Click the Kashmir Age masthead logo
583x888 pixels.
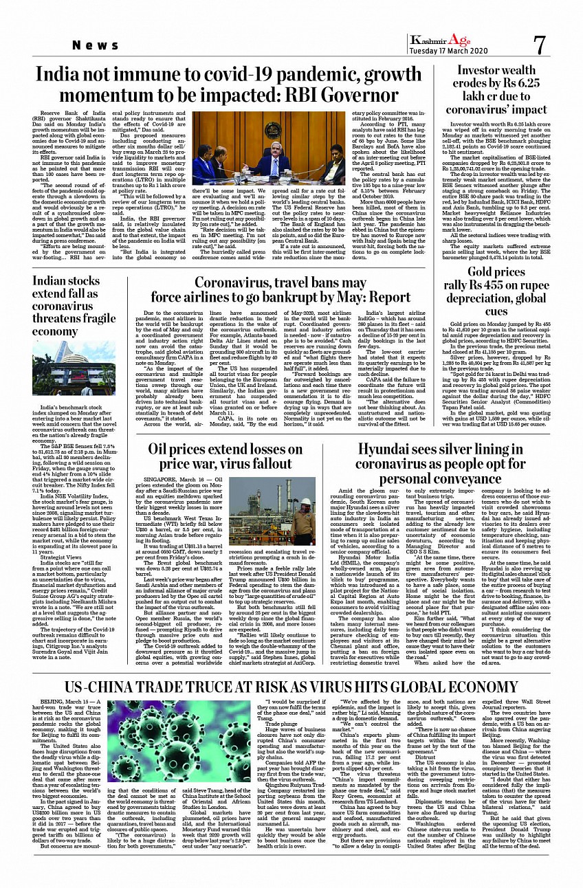441,41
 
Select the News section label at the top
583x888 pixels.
96,45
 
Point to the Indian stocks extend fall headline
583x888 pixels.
74,306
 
